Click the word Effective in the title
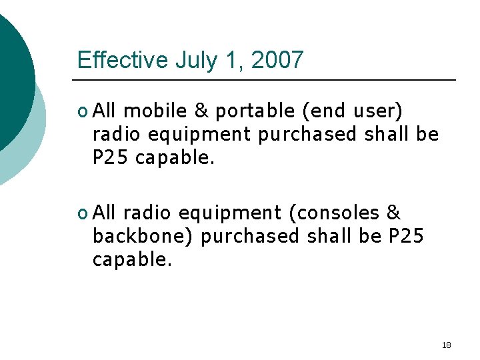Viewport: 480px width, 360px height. point(123,60)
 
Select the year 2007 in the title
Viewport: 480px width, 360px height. point(277,60)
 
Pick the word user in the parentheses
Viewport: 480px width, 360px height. point(376,111)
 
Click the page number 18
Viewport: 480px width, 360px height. point(446,345)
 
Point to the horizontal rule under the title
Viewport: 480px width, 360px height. point(267,80)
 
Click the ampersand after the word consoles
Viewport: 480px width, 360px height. point(393,213)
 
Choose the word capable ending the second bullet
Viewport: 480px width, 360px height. point(132,259)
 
